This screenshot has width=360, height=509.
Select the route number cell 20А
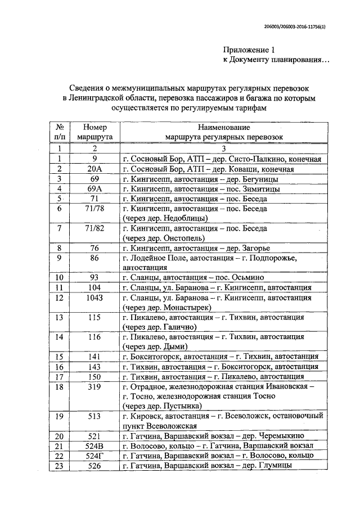94,169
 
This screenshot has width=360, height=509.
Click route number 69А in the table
94,188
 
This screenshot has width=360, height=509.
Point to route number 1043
94,298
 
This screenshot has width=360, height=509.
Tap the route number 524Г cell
94,456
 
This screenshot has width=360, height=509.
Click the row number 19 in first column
58,416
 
